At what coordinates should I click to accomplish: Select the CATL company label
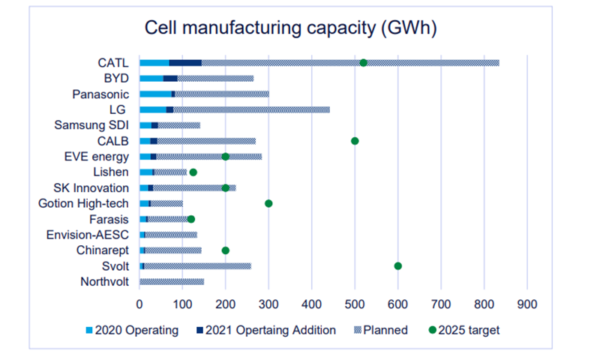(x=112, y=62)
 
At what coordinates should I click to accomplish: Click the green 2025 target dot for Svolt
(x=397, y=265)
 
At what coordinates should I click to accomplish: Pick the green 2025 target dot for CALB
(x=355, y=141)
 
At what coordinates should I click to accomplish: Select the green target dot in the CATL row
(x=364, y=62)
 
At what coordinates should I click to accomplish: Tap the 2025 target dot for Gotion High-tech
(x=268, y=203)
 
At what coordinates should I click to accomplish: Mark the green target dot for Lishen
(x=193, y=172)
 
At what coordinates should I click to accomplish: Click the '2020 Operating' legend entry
(x=132, y=330)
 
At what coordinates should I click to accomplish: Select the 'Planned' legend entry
(x=382, y=330)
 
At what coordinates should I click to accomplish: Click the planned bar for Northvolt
(x=172, y=281)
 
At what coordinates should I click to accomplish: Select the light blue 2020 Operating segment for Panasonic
(x=155, y=94)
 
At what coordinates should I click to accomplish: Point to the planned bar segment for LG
(x=251, y=109)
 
